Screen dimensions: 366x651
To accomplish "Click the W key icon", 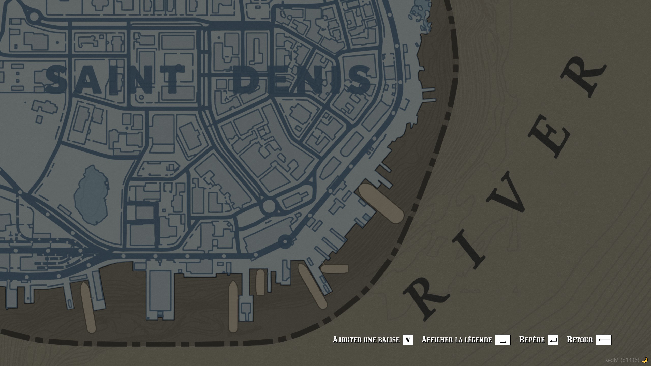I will [x=408, y=340].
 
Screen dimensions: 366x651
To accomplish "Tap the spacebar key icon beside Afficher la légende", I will [x=502, y=340].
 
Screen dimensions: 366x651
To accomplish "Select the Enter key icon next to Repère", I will [x=553, y=340].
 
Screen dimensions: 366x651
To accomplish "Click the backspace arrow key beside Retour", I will [x=604, y=340].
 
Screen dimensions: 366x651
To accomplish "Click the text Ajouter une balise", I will [x=366, y=340].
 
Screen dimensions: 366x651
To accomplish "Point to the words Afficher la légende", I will [x=456, y=340].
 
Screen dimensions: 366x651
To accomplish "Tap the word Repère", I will [x=532, y=340].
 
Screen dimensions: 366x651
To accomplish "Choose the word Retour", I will [x=580, y=340].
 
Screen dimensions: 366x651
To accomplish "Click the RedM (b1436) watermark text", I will [x=622, y=360].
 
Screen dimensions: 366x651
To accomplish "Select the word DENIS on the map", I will [x=301, y=79].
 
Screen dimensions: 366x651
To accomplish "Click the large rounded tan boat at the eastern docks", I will [x=381, y=203].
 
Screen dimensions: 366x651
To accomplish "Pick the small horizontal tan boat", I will [x=335, y=269].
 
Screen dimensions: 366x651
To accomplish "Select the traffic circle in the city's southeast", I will [x=269, y=206].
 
